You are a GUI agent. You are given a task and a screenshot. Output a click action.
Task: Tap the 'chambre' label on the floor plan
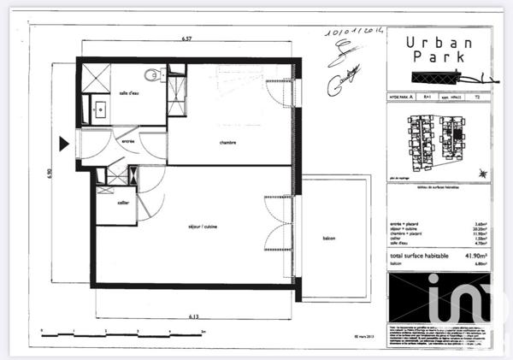point(227,143)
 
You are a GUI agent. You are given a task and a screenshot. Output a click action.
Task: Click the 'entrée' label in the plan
point(128,142)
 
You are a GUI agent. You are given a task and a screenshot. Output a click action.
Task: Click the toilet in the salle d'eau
point(153,74)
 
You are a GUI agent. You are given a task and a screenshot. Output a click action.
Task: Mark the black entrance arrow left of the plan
point(64,142)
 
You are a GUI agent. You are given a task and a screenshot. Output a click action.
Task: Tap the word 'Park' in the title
point(436,58)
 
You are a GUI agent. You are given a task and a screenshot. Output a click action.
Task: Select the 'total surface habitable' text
point(418,256)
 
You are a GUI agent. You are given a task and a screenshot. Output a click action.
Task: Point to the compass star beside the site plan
point(485,174)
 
